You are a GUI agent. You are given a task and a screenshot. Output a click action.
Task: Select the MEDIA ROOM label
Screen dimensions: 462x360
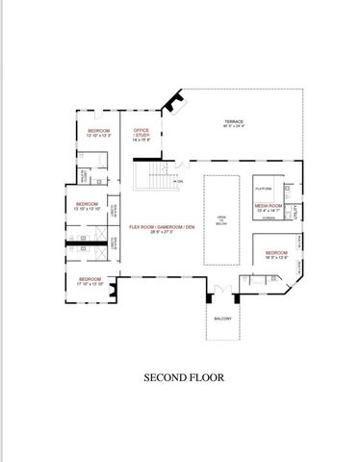pos(269,205)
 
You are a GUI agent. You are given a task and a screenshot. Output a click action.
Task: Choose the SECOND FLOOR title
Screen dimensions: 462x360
pos(184,378)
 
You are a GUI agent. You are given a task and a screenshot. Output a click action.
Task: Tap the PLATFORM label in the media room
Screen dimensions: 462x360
pos(262,189)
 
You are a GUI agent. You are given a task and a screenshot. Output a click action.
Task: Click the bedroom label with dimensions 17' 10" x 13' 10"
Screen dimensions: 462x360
pos(90,279)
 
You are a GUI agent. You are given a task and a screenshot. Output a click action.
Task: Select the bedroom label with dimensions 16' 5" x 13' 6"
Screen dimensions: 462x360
pos(278,252)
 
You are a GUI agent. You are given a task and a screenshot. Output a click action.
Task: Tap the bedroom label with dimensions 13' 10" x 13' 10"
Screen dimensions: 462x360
pos(89,204)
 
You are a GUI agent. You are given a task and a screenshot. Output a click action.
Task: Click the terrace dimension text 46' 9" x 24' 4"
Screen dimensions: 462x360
pos(234,127)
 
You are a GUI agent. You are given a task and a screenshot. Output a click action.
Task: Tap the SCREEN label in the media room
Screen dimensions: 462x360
pos(269,218)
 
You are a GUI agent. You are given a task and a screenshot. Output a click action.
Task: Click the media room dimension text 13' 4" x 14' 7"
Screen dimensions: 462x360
pos(269,211)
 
